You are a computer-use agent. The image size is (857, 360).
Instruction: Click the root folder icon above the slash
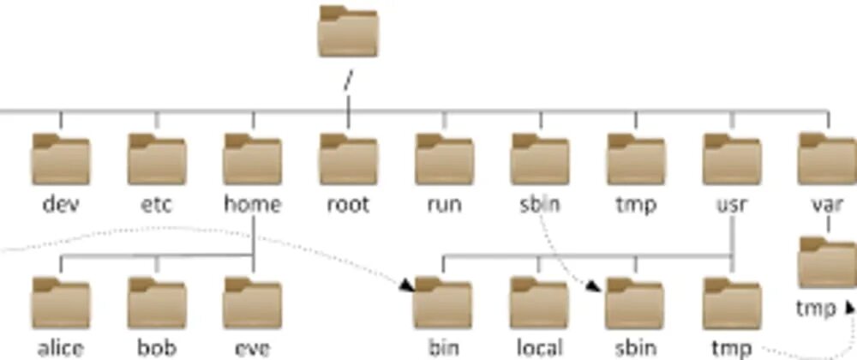[x=347, y=32]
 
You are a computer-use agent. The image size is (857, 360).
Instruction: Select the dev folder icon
[x=60, y=160]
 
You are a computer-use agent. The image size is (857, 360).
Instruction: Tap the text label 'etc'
[x=156, y=205]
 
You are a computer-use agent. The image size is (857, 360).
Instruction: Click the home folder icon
[x=252, y=160]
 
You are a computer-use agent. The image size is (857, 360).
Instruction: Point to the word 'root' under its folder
[x=348, y=205]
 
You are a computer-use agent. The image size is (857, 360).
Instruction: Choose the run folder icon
[x=444, y=160]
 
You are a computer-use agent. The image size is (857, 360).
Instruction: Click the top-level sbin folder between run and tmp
[x=540, y=160]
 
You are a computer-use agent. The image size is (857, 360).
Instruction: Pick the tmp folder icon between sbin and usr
[x=636, y=160]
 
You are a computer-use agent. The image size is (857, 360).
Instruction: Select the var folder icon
[x=827, y=160]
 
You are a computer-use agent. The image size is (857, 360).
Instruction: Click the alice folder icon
[x=60, y=304]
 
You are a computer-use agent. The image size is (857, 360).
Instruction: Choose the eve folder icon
[x=252, y=304]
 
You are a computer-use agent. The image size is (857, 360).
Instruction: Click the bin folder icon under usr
[x=444, y=304]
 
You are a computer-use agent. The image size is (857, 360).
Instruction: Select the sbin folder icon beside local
[x=636, y=304]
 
